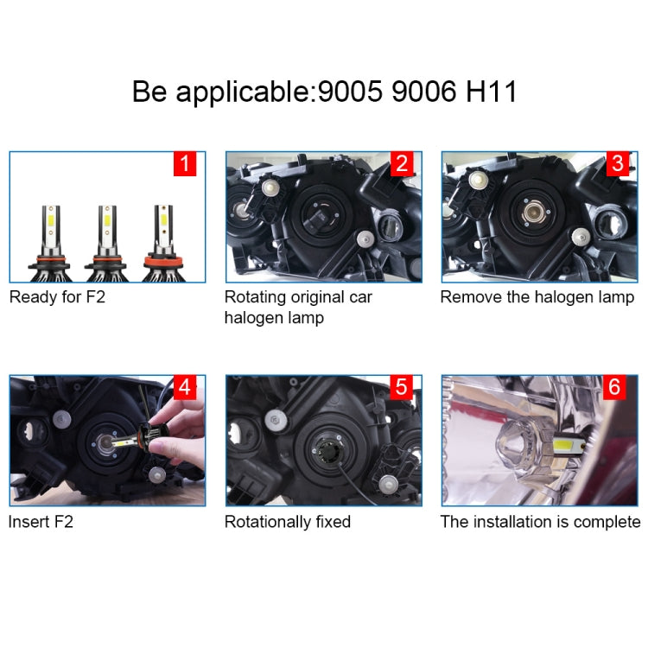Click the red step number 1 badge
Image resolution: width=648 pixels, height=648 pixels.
[185, 163]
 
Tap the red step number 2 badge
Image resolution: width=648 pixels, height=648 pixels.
[401, 163]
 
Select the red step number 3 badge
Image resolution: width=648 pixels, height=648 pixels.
[617, 163]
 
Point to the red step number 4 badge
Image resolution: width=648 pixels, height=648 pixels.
[185, 387]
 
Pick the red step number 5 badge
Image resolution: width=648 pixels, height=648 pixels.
[401, 387]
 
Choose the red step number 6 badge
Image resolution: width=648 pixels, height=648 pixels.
[614, 387]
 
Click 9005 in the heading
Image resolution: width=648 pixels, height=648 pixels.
[350, 92]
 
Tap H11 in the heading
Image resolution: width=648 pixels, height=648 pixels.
[491, 92]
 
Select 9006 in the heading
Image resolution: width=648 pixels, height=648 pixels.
[423, 92]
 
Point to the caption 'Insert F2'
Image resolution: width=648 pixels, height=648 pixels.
[41, 522]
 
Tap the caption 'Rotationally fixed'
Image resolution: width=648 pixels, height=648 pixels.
[288, 522]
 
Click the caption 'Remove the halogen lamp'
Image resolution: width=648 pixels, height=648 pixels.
[537, 297]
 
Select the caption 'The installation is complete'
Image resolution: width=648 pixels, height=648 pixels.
[540, 522]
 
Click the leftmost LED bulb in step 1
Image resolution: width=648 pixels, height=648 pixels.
[48, 242]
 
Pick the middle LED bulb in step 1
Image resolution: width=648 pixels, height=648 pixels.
[106, 242]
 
